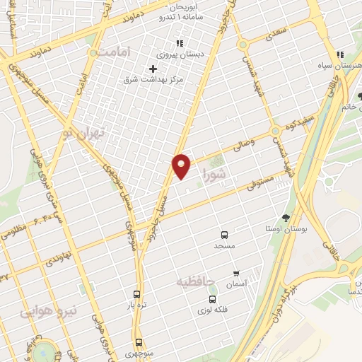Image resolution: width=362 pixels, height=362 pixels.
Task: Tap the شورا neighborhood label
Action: click(x=214, y=174)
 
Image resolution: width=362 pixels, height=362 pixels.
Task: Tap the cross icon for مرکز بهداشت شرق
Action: click(x=153, y=69)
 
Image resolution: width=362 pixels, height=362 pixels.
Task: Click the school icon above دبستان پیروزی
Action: click(x=180, y=43)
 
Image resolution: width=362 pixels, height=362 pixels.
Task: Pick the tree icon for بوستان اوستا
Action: click(x=286, y=218)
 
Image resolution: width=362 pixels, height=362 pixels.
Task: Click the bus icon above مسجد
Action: click(x=224, y=235)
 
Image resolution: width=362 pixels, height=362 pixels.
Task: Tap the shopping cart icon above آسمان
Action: click(x=236, y=273)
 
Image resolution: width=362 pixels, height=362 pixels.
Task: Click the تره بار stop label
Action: click(x=136, y=305)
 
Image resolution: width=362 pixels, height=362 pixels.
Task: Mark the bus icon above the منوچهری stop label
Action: click(x=139, y=342)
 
